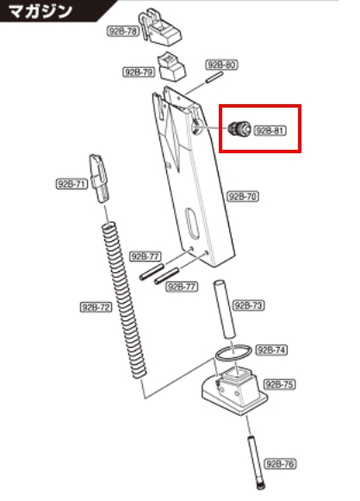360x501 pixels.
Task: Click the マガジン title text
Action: pyautogui.click(x=40, y=11)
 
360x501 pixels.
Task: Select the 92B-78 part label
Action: pyautogui.click(x=123, y=31)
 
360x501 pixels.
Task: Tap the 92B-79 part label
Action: pyautogui.click(x=139, y=72)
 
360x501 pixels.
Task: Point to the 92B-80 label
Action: pyautogui.click(x=222, y=65)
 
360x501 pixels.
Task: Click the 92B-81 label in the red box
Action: pyautogui.click(x=270, y=131)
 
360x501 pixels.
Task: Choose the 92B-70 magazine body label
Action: pyautogui.click(x=243, y=196)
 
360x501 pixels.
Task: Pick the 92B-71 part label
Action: pyautogui.click(x=71, y=184)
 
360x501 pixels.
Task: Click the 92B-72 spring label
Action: pyautogui.click(x=96, y=307)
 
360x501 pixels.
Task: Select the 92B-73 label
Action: pyautogui.click(x=249, y=306)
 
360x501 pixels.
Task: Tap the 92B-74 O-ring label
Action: pyautogui.click(x=271, y=350)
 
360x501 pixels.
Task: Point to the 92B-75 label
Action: pyautogui.click(x=279, y=385)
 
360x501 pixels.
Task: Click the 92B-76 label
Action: pyautogui.click(x=280, y=464)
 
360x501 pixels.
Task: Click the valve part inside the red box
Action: pyautogui.click(x=239, y=128)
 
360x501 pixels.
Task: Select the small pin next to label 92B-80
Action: pyautogui.click(x=214, y=77)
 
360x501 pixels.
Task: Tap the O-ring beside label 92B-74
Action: pyautogui.click(x=233, y=354)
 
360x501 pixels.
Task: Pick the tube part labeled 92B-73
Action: pyautogui.click(x=225, y=310)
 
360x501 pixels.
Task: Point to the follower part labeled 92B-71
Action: pyautogui.click(x=99, y=178)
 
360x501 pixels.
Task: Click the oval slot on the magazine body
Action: pyautogui.click(x=192, y=225)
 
